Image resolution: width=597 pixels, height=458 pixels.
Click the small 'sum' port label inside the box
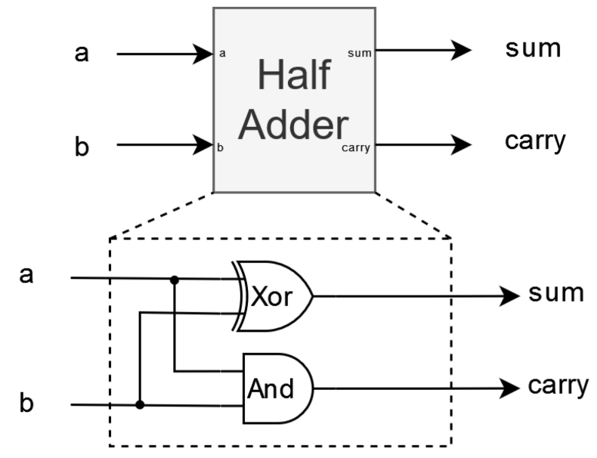tap(359, 54)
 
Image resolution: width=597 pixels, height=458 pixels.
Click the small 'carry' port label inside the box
tap(355, 147)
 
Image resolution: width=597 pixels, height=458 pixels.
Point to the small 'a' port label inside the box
tap(222, 54)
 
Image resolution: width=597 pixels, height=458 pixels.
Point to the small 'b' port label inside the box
tap(221, 147)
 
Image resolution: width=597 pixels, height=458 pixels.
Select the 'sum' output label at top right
tap(534, 50)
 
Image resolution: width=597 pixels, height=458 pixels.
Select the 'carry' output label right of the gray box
tap(535, 141)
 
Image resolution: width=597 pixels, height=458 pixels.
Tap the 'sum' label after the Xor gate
tap(555, 293)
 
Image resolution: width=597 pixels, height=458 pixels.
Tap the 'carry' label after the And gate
tap(558, 386)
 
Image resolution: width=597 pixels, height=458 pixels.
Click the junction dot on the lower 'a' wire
tap(175, 279)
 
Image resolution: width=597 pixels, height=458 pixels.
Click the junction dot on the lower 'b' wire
tap(140, 405)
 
